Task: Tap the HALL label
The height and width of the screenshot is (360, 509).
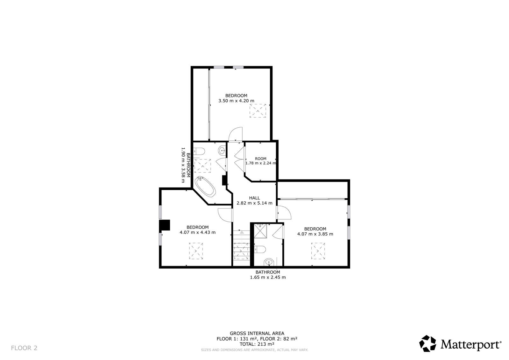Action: pyautogui.click(x=254, y=198)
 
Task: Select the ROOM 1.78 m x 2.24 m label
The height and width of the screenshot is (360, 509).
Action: pyautogui.click(x=261, y=161)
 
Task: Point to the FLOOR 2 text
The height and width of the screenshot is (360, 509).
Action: pyautogui.click(x=24, y=348)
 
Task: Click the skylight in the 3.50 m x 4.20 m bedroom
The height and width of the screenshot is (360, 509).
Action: pyautogui.click(x=258, y=111)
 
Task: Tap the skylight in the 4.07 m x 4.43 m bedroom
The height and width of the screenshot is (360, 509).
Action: pyautogui.click(x=196, y=251)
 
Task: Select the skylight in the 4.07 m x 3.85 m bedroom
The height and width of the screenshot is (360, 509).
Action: pyautogui.click(x=318, y=251)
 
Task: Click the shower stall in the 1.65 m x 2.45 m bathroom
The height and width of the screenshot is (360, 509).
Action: pyautogui.click(x=260, y=231)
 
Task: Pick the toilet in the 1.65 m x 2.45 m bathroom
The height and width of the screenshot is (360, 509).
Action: pyautogui.click(x=260, y=249)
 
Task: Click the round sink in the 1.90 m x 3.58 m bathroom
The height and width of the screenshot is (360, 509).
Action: pyautogui.click(x=222, y=151)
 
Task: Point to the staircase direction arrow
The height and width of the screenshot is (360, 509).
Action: pyautogui.click(x=242, y=232)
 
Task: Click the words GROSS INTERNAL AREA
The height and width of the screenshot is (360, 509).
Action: pyautogui.click(x=257, y=333)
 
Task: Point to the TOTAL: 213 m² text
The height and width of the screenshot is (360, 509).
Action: pyautogui.click(x=257, y=344)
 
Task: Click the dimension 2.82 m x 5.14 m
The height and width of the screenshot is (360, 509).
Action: pyautogui.click(x=254, y=203)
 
